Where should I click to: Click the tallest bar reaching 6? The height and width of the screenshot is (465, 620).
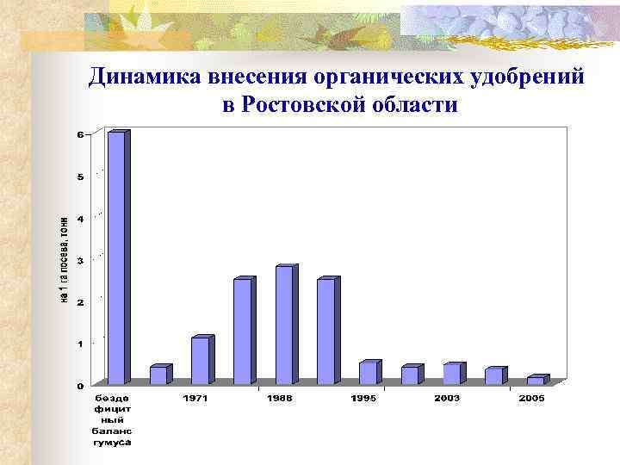point(116,257)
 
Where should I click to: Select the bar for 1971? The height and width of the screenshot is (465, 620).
point(200,361)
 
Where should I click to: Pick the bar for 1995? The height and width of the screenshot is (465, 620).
point(368,373)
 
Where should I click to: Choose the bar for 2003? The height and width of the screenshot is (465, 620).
point(451,374)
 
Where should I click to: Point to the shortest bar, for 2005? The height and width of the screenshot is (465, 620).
point(536,380)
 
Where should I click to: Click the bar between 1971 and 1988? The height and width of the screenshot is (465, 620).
point(243,332)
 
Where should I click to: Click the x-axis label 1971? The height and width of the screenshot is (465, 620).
point(195,398)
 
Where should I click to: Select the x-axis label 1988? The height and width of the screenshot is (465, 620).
point(279,398)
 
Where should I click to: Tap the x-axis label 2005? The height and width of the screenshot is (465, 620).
point(531,398)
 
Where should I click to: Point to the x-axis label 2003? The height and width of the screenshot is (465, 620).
point(447,398)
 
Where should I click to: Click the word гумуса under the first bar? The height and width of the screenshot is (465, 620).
point(112,443)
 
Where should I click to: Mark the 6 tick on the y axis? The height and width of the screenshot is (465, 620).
point(81,135)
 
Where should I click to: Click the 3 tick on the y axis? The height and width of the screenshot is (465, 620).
point(81,260)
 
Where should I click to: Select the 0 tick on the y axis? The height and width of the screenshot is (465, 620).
point(81,385)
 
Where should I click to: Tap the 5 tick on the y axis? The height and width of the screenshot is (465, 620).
point(81,177)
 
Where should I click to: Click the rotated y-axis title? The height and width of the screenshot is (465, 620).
point(64,258)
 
